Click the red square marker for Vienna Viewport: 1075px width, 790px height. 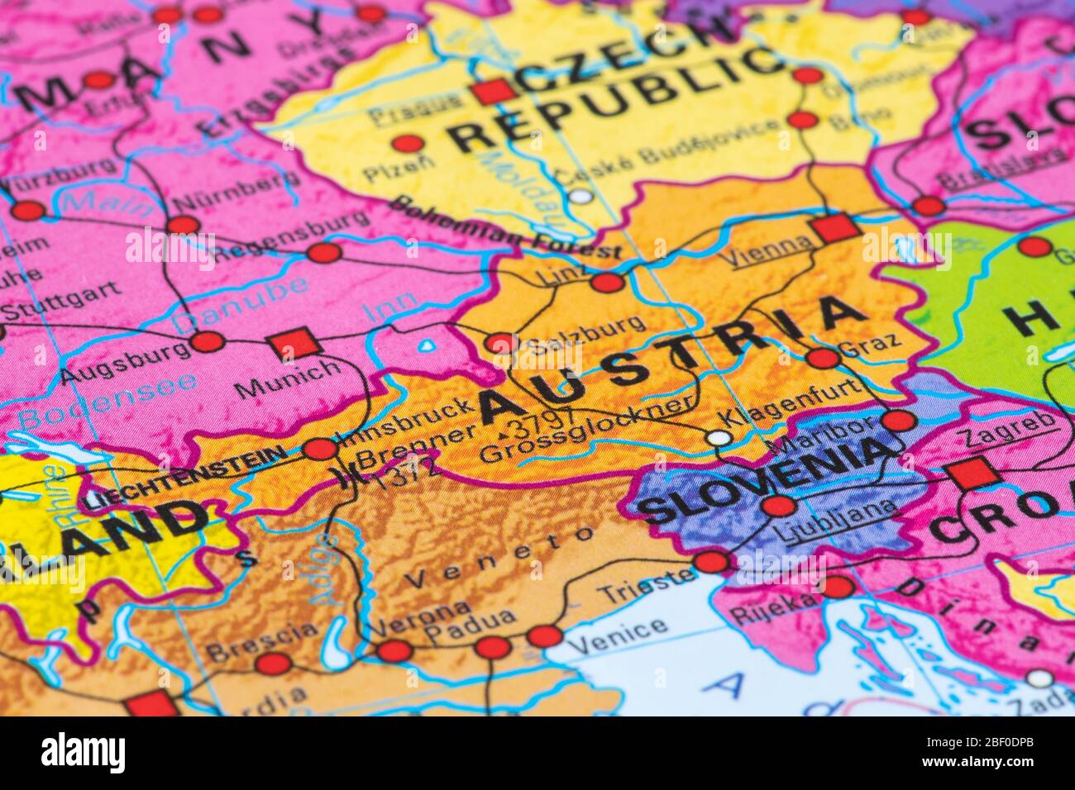[836, 227]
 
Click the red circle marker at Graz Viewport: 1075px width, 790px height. [822, 358]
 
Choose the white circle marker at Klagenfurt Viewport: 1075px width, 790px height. [720, 437]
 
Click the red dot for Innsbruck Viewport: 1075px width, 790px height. [321, 450]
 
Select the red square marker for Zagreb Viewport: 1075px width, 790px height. [972, 474]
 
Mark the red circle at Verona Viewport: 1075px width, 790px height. [394, 651]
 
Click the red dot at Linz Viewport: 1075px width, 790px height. [607, 283]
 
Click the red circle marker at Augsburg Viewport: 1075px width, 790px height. [207, 341]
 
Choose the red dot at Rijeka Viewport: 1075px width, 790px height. [837, 587]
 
